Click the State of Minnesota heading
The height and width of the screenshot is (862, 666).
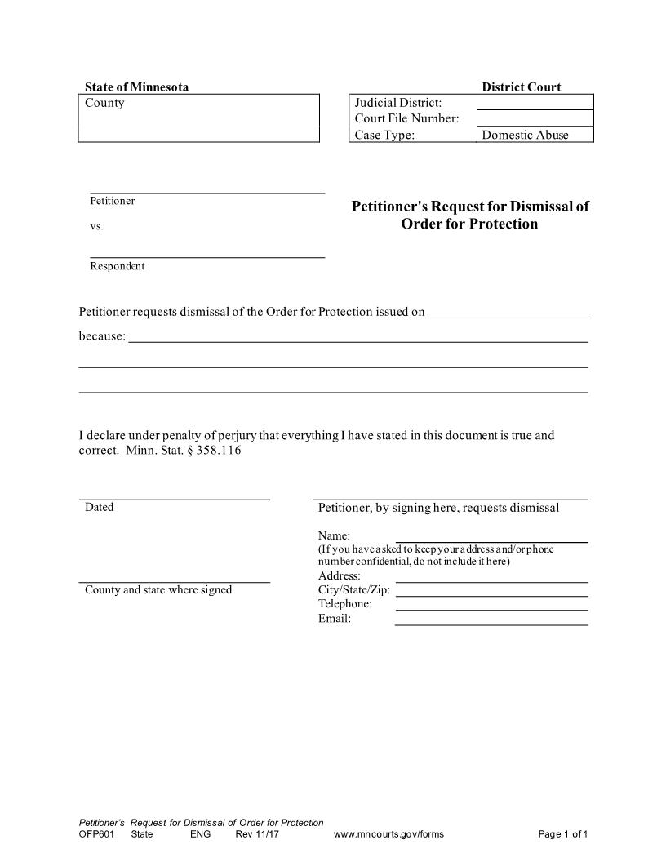point(136,87)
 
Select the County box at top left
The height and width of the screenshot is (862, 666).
point(198,118)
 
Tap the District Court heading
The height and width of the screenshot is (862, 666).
point(521,87)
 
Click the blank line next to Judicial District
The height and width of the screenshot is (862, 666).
point(535,103)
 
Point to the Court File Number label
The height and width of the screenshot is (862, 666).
point(406,119)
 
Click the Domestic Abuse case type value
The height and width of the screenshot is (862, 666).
point(525,136)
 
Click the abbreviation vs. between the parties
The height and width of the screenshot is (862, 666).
point(96,226)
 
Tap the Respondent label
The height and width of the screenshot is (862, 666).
point(117,266)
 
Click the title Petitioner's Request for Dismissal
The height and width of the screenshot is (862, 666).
point(470,215)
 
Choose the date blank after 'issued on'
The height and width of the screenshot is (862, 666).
point(508,312)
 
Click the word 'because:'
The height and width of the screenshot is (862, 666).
point(102,336)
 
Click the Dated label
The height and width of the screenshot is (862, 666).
point(99,508)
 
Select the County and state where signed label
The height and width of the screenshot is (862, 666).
point(158,590)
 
